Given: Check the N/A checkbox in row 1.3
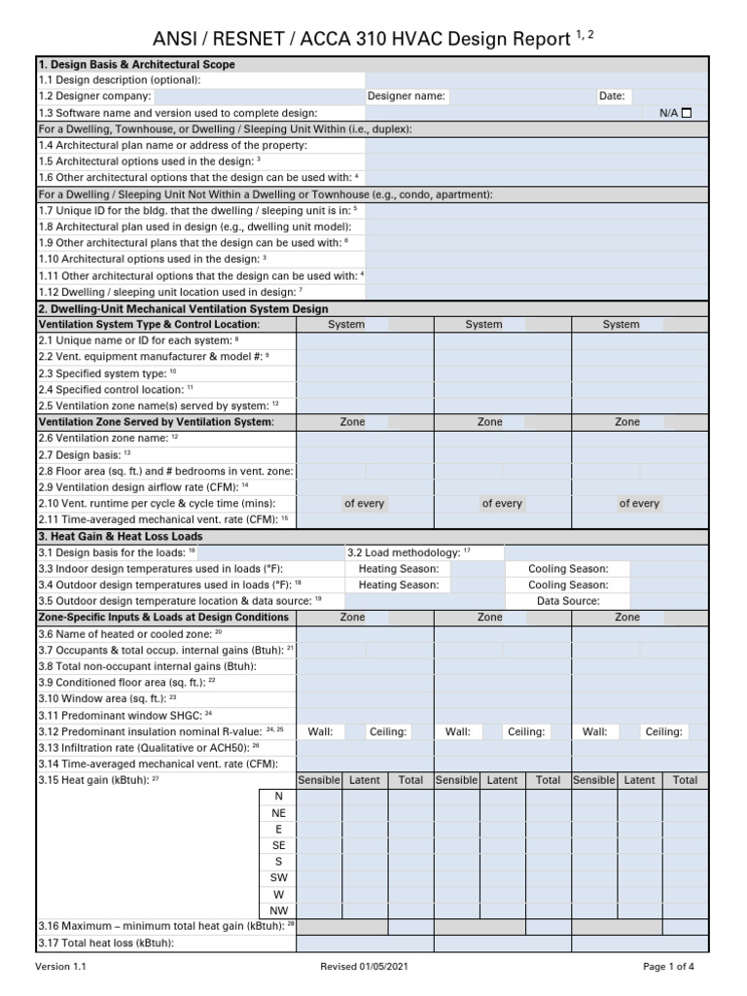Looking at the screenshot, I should click(687, 113).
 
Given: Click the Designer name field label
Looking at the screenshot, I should click(406, 96).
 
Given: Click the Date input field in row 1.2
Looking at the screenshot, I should click(669, 96).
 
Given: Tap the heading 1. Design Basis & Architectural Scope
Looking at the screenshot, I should click(136, 64).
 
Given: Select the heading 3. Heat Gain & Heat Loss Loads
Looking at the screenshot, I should click(120, 536).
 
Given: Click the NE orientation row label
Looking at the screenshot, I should click(278, 812).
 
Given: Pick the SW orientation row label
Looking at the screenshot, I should click(278, 877).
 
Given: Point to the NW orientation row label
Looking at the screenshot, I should click(278, 910).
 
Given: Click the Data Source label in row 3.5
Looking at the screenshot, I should click(568, 601).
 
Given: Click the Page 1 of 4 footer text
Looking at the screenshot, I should click(669, 967).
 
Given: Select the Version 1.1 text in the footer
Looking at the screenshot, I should click(61, 967).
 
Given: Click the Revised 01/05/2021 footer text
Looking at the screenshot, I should click(366, 967).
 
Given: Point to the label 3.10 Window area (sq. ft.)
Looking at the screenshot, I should click(107, 698).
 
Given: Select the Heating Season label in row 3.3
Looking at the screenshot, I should click(399, 569).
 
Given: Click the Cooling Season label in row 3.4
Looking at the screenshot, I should click(568, 586).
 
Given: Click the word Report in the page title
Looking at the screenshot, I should click(534, 39).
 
